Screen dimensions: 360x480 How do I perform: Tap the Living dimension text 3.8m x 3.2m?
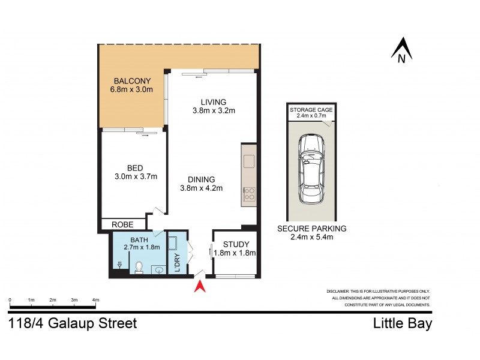pyautogui.click(x=213, y=110)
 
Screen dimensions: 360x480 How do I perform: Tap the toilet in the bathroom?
pyautogui.click(x=139, y=266)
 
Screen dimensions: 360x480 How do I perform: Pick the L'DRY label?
pyautogui.click(x=177, y=262)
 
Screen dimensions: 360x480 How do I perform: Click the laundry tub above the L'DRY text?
pyautogui.click(x=173, y=244)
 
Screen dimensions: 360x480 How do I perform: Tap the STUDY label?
pyautogui.click(x=236, y=244)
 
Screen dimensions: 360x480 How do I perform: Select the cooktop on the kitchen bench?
pyautogui.click(x=249, y=194)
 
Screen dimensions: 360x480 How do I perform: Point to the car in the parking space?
pyautogui.click(x=311, y=169)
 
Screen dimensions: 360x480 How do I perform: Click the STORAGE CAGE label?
pyautogui.click(x=311, y=111)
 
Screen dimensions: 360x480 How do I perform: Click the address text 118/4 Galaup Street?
pyautogui.click(x=73, y=324)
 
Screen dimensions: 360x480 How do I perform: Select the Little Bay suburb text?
pyautogui.click(x=402, y=324)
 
